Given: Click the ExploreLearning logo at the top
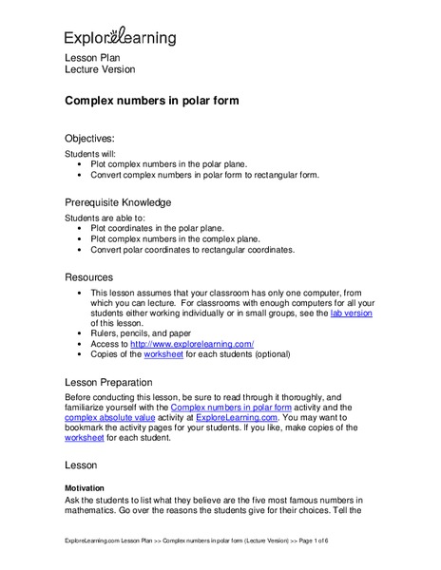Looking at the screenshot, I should pyautogui.click(x=120, y=37).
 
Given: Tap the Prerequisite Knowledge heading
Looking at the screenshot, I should pyautogui.click(x=118, y=202).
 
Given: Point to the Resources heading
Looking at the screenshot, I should pyautogui.click(x=88, y=276).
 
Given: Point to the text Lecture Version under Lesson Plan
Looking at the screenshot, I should pyautogui.click(x=99, y=70).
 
